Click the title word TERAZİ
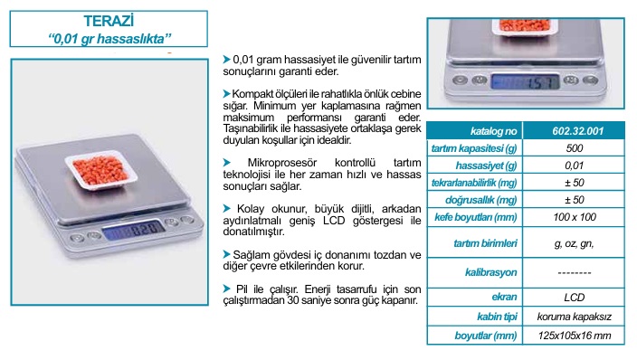(109, 21)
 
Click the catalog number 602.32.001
(577, 131)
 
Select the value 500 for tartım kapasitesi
(575, 148)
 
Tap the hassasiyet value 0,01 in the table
(574, 166)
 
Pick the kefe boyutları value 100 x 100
(575, 217)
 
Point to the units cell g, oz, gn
(574, 244)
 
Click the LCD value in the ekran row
(574, 298)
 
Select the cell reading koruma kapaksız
(574, 317)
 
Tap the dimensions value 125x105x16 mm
(575, 336)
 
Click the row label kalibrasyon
(490, 272)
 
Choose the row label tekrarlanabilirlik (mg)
(474, 183)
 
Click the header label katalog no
(494, 131)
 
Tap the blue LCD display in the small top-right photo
(525, 81)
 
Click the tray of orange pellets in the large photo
(100, 170)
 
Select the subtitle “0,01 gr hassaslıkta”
(109, 39)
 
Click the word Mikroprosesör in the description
(282, 163)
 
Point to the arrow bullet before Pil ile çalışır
(227, 289)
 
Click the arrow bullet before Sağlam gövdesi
(227, 254)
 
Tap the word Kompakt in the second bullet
(249, 94)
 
